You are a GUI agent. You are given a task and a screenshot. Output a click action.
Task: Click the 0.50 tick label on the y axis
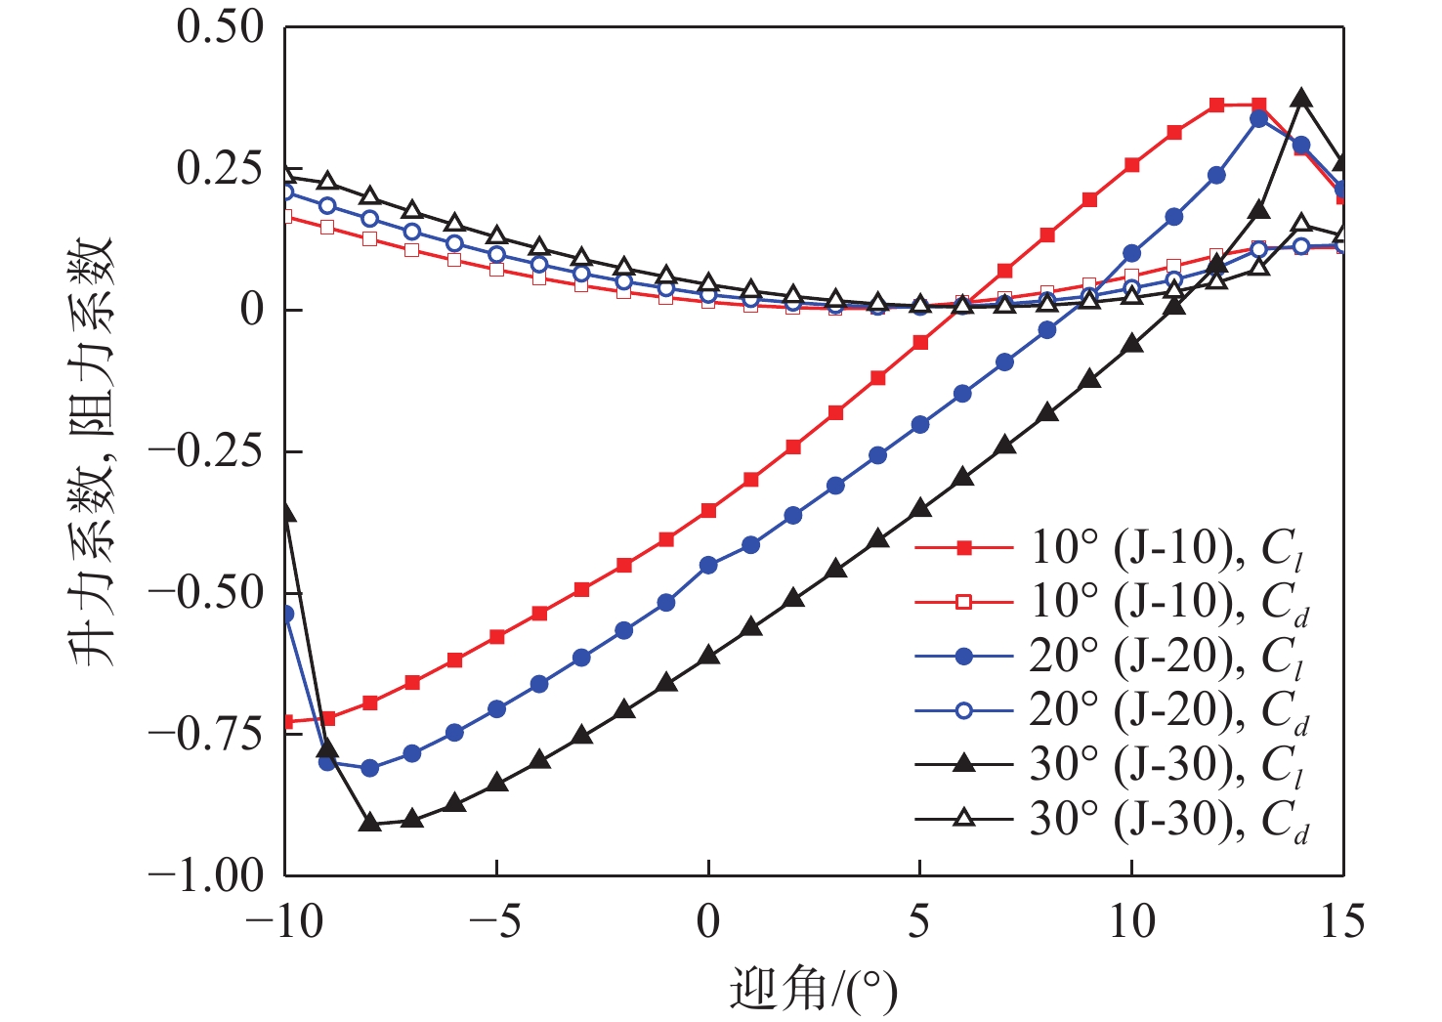220,26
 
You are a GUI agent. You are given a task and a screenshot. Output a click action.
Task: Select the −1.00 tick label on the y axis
206,873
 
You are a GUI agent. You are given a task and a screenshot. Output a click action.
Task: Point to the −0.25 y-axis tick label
206,450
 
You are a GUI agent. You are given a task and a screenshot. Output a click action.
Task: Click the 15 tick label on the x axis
1341,921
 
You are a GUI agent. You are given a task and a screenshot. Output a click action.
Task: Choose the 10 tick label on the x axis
1131,921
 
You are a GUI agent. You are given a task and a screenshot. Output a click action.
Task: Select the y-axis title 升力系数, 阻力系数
93,450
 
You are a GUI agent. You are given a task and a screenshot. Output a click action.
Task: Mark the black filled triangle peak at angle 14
1300,99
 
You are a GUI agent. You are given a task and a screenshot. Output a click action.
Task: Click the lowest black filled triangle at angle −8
369,823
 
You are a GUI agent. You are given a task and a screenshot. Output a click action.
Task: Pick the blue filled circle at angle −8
369,768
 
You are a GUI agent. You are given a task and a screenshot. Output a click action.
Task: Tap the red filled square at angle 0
708,510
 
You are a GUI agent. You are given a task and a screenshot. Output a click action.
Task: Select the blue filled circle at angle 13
1258,119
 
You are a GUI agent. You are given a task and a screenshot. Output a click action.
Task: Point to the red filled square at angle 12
1216,105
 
